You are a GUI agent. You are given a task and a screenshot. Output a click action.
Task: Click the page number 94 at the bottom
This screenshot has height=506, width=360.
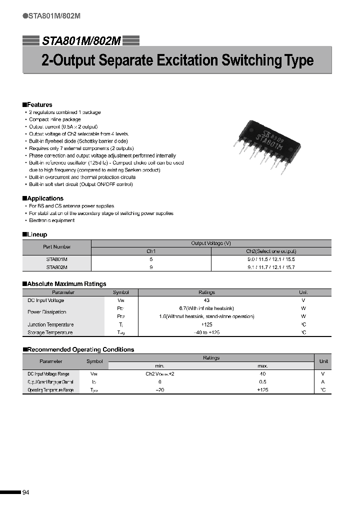[26, 492]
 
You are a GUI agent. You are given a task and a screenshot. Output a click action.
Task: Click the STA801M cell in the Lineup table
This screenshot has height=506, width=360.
[56, 259]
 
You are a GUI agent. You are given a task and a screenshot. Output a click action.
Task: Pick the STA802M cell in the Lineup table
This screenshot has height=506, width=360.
[56, 267]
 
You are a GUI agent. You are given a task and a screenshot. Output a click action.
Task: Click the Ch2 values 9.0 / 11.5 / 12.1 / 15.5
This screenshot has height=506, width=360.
[271, 259]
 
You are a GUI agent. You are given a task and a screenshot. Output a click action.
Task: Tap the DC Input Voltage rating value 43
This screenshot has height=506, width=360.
[206, 300]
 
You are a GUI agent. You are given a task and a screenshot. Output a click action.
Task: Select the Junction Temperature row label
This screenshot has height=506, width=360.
[50, 324]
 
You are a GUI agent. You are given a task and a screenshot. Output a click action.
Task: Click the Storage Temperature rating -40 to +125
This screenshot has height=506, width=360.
[206, 332]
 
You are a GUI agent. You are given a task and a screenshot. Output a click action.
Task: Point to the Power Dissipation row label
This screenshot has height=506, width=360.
[46, 312]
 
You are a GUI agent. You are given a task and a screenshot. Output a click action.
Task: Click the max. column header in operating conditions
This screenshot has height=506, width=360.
[262, 366]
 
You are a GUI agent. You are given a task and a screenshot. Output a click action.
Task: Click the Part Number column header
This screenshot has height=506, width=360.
[56, 247]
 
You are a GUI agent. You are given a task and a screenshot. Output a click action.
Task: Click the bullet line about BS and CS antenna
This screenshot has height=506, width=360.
[71, 206]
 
